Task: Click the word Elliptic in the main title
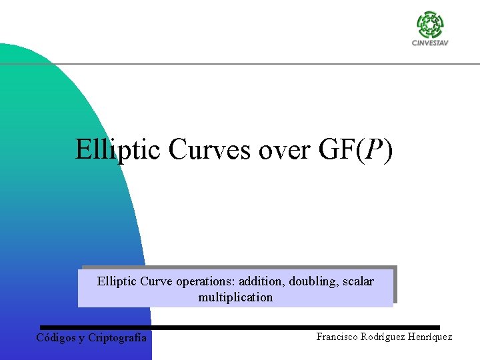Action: [x=118, y=149]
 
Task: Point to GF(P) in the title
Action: [x=356, y=149]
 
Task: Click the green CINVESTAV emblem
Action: [x=430, y=25]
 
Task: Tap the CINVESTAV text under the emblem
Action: [x=430, y=43]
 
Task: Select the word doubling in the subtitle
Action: [x=313, y=281]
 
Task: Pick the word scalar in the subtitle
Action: [x=358, y=281]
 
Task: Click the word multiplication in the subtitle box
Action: [x=235, y=297]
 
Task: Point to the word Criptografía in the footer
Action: [x=117, y=337]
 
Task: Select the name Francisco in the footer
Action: [x=338, y=337]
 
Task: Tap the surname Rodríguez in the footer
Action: [x=386, y=337]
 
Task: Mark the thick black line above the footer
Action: [x=240, y=327]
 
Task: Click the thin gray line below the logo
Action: [x=267, y=64]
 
